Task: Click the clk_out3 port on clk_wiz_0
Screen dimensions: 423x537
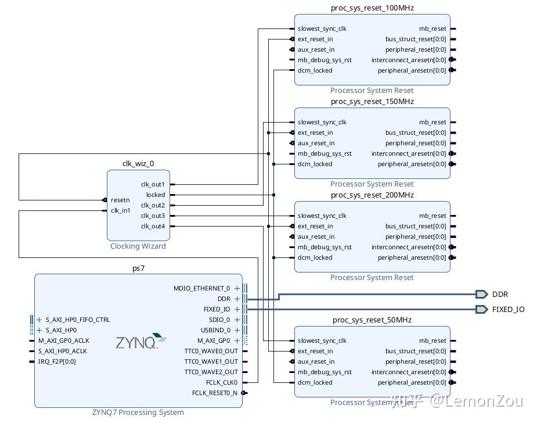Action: [x=153, y=216]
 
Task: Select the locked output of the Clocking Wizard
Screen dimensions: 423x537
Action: [x=155, y=195]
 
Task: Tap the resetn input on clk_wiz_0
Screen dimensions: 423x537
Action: [x=120, y=200]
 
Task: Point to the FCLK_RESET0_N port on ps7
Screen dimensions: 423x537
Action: [x=214, y=393]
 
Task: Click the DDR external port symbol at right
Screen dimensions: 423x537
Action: [x=481, y=294]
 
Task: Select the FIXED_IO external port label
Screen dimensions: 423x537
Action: [x=508, y=309]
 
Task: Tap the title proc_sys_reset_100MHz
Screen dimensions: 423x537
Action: [x=372, y=8]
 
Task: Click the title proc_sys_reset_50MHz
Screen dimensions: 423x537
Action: [x=372, y=320]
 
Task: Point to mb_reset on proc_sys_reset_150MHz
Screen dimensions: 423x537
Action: [x=433, y=122]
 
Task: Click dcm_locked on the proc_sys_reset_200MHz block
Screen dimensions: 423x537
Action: [x=315, y=257]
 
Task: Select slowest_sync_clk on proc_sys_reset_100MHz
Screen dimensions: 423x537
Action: [x=322, y=28]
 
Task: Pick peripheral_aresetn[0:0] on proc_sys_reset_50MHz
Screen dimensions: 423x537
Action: [x=412, y=382]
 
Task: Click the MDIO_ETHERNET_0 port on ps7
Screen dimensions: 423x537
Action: [x=201, y=288]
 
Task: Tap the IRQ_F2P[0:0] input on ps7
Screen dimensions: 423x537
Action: [x=57, y=361]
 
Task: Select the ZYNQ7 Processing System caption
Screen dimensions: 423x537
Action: [x=138, y=413]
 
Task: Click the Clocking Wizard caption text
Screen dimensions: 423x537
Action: [x=138, y=246]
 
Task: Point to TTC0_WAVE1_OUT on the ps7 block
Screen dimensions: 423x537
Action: [x=211, y=361]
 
